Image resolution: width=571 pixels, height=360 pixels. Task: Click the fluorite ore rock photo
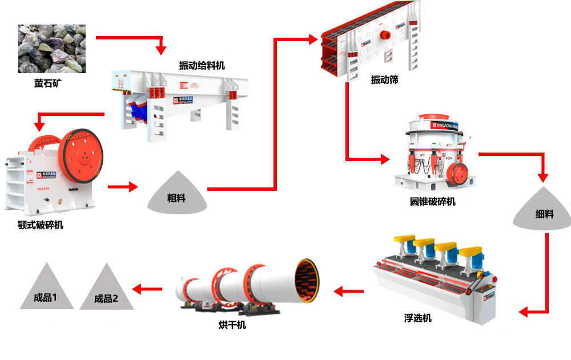(x=51, y=49)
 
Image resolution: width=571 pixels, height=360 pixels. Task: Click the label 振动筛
(x=384, y=80)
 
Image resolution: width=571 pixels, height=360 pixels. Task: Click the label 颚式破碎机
(x=41, y=225)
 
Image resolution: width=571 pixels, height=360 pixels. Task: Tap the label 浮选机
(x=417, y=318)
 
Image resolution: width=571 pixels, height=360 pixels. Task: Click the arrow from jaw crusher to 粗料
(x=123, y=186)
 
